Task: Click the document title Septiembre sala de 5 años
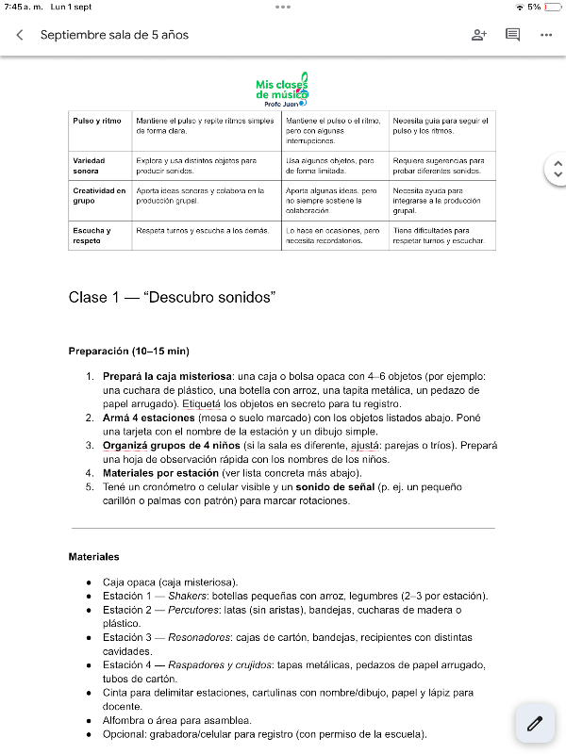point(114,35)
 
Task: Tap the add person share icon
point(478,35)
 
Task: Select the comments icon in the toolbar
point(512,35)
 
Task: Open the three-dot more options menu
point(546,35)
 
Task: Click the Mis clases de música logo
point(282,90)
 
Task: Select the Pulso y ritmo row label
point(97,121)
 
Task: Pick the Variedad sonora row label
point(89,166)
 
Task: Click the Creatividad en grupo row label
point(99,195)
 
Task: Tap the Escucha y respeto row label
point(92,235)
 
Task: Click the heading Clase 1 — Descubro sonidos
point(172,298)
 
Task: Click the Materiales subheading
point(93,557)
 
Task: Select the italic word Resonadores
point(199,637)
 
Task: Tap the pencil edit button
point(535,724)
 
